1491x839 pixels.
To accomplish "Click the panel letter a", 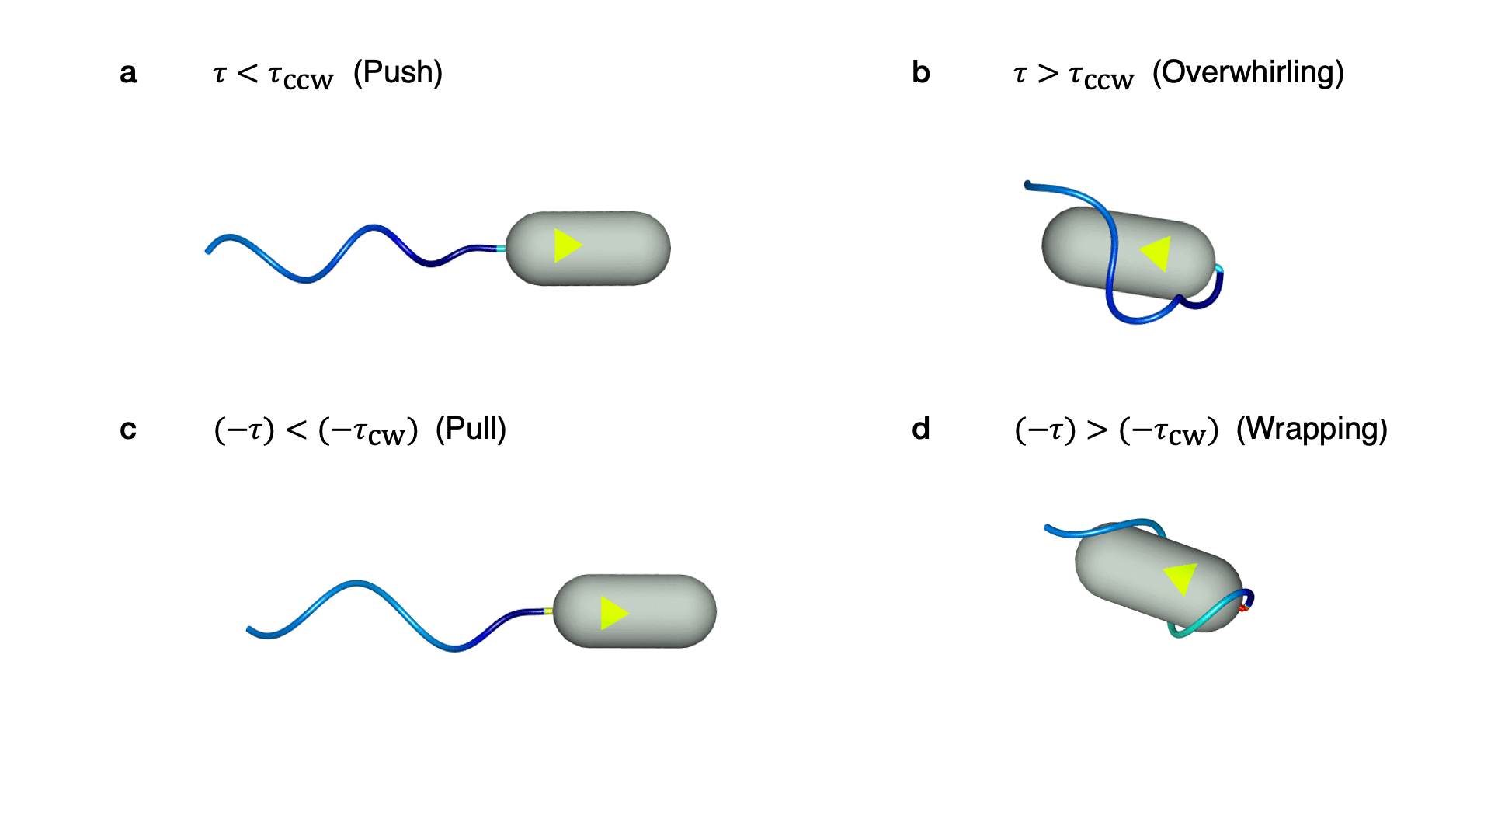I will point(128,74).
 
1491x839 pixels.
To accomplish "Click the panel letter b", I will point(920,73).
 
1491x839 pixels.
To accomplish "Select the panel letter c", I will point(128,430).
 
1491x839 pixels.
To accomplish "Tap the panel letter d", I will point(920,430).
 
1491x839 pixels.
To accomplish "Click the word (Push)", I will point(398,73).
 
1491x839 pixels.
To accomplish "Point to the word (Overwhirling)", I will point(1248,73).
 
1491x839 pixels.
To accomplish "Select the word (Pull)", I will point(471,430).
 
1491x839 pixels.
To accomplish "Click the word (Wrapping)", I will point(1312,430).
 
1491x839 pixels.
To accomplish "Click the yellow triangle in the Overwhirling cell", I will point(1157,253).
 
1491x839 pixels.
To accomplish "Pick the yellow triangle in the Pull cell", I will point(613,613).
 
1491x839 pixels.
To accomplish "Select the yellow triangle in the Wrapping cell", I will point(1180,578).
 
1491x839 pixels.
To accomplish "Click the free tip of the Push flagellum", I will point(207,251).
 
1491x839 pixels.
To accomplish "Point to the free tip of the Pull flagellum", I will point(249,630).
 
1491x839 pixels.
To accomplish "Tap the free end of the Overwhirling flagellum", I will point(1028,185).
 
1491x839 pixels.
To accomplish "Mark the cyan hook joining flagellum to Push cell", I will point(502,249).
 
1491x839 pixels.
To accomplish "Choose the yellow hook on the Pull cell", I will point(549,611).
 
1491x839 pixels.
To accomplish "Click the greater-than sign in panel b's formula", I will point(1048,74).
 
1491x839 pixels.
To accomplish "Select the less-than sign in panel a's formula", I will point(247,74).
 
